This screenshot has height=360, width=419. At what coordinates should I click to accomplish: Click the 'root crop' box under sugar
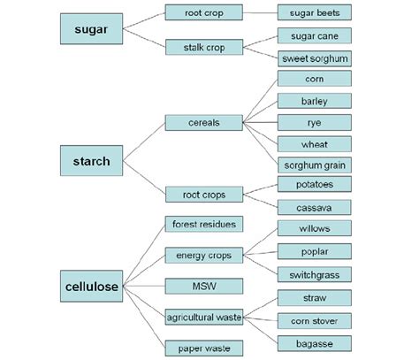coord(204,13)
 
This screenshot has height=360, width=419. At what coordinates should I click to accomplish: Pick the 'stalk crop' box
coord(204,47)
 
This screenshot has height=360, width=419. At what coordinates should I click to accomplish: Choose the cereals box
coord(204,123)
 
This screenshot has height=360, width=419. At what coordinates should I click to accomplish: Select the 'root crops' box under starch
coord(204,195)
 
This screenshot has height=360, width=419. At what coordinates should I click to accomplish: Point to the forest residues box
coord(204,225)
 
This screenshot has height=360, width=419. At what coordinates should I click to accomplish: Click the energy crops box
coord(204,256)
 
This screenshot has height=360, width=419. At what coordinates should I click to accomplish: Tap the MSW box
coord(204,287)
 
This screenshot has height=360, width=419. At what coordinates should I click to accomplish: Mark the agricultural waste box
coord(204,316)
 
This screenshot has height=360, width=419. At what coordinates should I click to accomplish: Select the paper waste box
coord(204,348)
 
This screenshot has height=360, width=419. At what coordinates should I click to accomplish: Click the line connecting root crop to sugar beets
coord(260,13)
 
